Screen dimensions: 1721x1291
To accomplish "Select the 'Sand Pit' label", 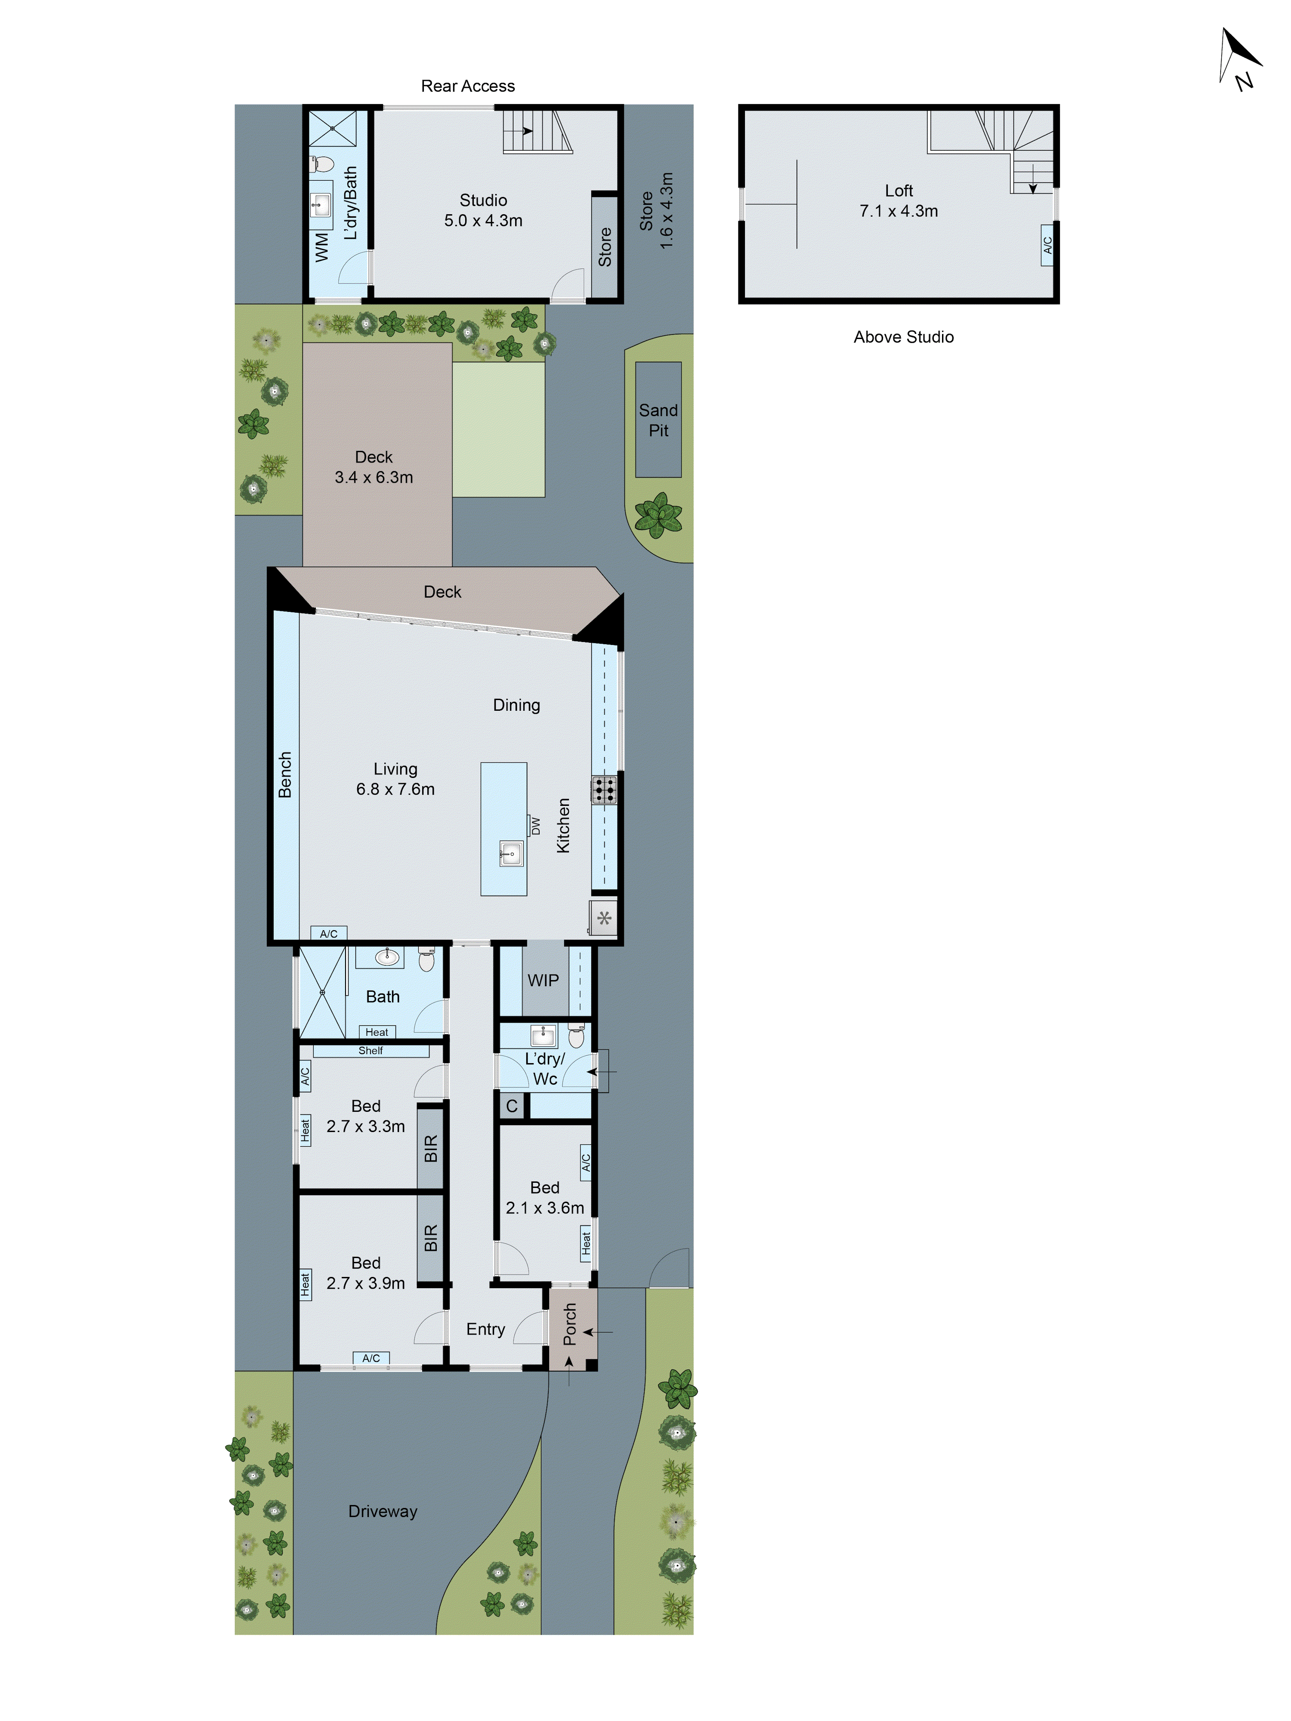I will (x=658, y=420).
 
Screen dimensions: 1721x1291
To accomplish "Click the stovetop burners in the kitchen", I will (x=604, y=789).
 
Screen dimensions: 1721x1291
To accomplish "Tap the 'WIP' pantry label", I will (x=543, y=980).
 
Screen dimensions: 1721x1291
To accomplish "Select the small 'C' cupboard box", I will (x=511, y=1106).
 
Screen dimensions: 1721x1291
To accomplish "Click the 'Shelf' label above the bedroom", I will (x=371, y=1050).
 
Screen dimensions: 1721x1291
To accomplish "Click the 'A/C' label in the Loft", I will (x=1047, y=245).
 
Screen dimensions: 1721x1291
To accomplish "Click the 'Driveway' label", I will (x=383, y=1511).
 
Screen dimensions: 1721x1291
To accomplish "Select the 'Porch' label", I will (x=570, y=1324).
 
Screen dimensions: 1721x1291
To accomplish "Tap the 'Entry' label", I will (x=485, y=1329).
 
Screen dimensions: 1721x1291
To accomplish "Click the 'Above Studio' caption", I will (x=903, y=337).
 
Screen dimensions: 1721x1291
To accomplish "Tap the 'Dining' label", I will (x=516, y=705).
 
